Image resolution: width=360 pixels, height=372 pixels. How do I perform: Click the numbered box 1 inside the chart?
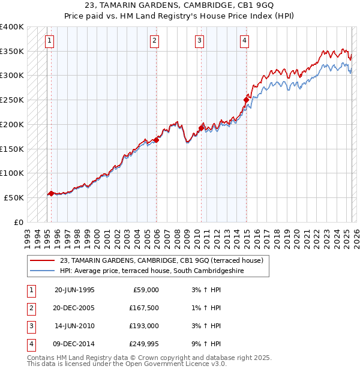(49, 41)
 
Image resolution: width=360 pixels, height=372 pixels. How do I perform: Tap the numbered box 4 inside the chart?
(245, 41)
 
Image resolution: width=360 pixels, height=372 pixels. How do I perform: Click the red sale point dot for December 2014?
(246, 100)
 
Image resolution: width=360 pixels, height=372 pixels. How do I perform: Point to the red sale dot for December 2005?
(156, 140)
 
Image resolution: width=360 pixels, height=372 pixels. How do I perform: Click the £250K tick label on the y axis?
(12, 100)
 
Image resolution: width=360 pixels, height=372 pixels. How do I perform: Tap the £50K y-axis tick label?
(14, 197)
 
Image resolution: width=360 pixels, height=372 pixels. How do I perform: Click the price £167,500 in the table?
(144, 308)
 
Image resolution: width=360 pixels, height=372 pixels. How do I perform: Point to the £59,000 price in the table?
(146, 290)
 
